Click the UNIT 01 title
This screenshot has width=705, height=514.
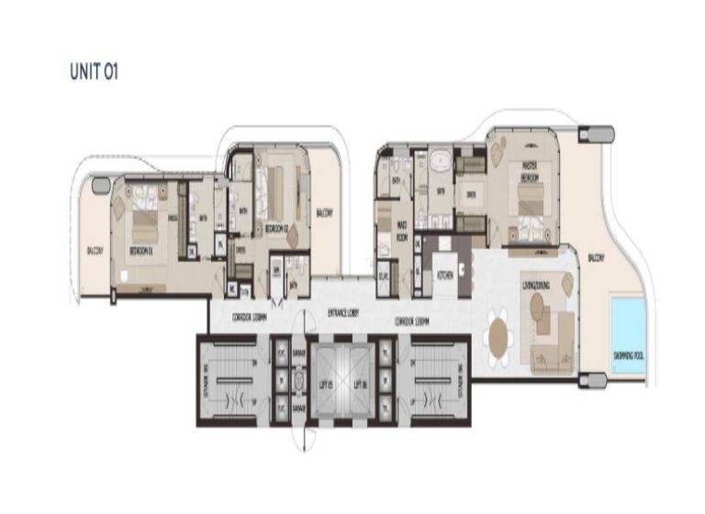[x=94, y=71]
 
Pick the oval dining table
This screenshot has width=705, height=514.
[x=498, y=333]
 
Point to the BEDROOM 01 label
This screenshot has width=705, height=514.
[x=141, y=250]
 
